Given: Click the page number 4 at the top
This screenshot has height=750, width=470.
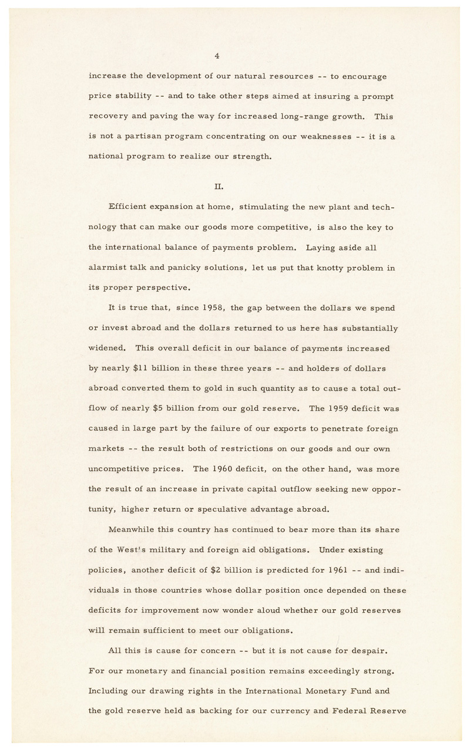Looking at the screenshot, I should [x=217, y=56].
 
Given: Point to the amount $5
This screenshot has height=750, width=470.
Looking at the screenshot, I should [x=172, y=409].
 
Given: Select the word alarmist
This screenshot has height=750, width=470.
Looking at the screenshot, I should [x=109, y=268].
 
